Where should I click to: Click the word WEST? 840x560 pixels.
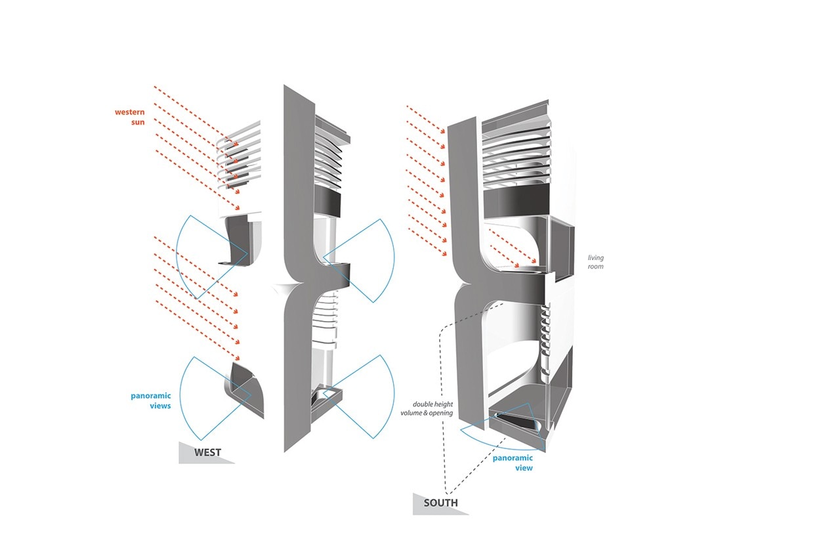(x=207, y=452)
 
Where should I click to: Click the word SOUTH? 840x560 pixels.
(x=440, y=503)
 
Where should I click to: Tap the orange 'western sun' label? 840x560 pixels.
(x=130, y=117)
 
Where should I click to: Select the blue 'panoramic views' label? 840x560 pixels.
(x=151, y=400)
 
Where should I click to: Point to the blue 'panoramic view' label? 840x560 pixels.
(x=513, y=463)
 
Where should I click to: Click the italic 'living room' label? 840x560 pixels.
(x=595, y=262)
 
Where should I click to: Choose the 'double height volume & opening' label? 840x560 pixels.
(x=427, y=408)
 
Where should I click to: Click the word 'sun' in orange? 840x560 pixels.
(x=138, y=122)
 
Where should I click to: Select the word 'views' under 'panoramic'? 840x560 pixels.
(x=160, y=406)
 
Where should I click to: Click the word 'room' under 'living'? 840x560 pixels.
(x=595, y=267)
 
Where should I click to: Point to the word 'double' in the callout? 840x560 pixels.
(x=422, y=404)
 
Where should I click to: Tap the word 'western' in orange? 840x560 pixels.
(x=130, y=112)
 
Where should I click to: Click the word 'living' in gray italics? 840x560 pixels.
(x=596, y=258)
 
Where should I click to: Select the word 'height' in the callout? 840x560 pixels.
(x=443, y=404)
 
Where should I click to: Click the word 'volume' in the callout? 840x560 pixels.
(x=411, y=413)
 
